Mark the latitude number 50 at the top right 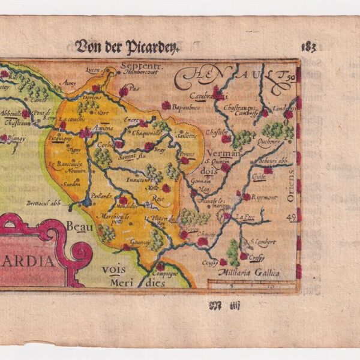tap(290, 78)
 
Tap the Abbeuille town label tap(11, 113)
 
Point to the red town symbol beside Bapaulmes tap(166, 106)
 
